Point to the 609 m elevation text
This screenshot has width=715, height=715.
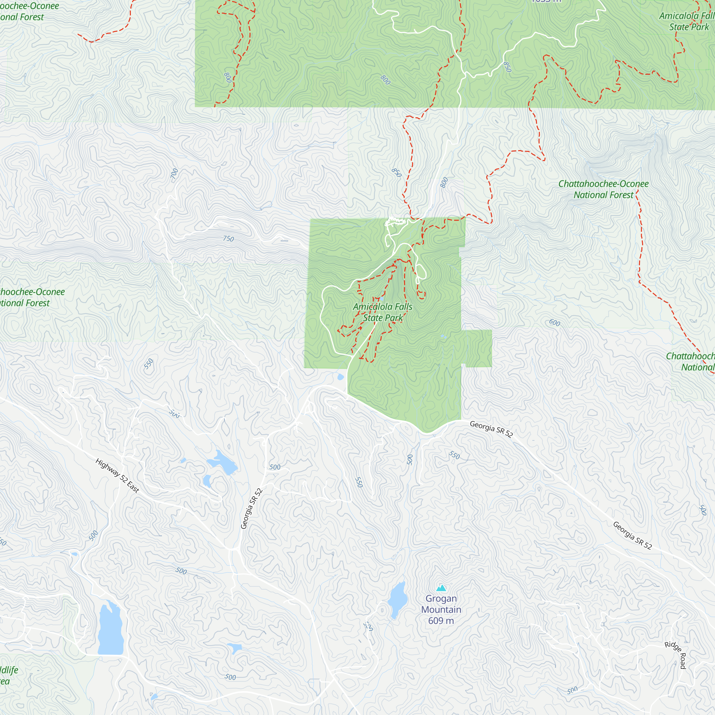(x=441, y=621)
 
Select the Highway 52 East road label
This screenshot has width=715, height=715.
(x=117, y=476)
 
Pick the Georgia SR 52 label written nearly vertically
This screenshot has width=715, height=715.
(x=252, y=508)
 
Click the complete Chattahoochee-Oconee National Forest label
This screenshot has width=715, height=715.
(x=603, y=189)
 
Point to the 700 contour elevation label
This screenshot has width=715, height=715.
(x=175, y=173)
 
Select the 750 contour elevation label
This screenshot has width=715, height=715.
(x=228, y=239)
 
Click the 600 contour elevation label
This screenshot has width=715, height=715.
(x=554, y=322)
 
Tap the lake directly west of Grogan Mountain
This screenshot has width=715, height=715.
(x=398, y=600)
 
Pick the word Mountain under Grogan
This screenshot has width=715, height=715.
(x=441, y=610)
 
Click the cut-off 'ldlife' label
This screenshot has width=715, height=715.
(x=9, y=670)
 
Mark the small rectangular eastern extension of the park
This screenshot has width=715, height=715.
(x=478, y=348)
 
